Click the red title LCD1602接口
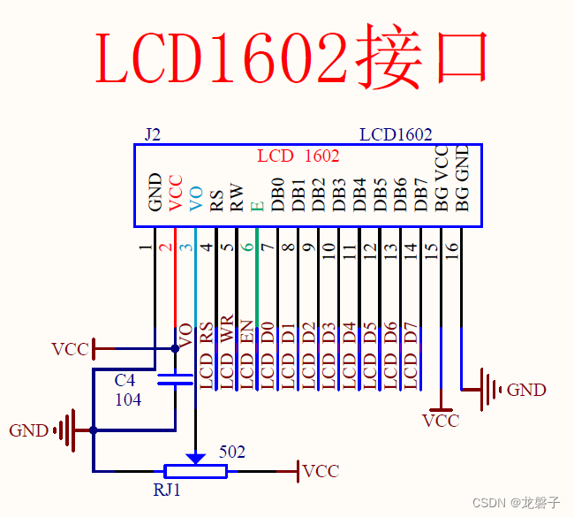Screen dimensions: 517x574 click(x=292, y=59)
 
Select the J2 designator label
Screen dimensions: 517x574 click(x=152, y=134)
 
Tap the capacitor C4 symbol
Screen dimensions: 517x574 click(x=175, y=381)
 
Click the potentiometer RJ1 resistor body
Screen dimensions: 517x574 click(x=195, y=471)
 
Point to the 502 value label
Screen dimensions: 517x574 click(x=231, y=452)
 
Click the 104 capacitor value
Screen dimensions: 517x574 click(x=128, y=399)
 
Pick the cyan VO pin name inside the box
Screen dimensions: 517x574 click(x=196, y=197)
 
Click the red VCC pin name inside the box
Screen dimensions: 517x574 click(x=176, y=194)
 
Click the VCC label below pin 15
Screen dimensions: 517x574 click(x=441, y=421)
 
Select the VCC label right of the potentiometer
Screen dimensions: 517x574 click(x=320, y=471)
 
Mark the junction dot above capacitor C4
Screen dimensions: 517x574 click(x=175, y=348)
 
